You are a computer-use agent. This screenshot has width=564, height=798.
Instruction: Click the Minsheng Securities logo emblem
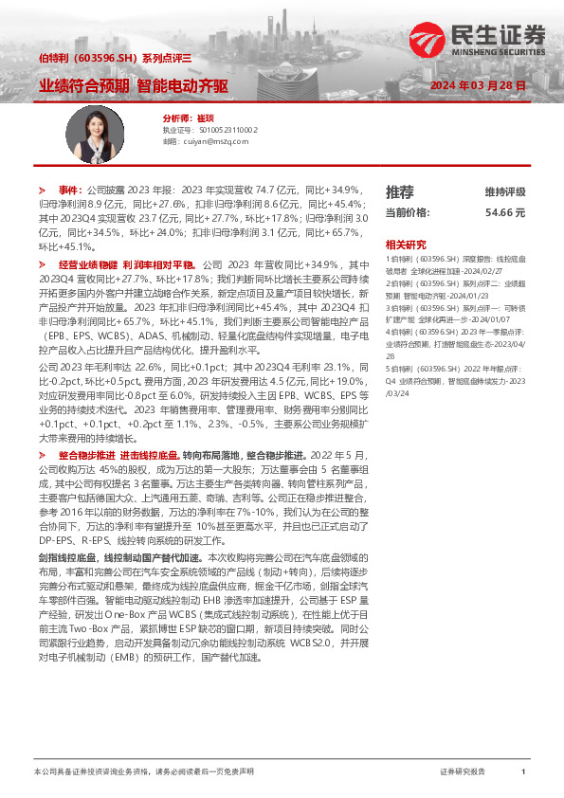[x=426, y=41]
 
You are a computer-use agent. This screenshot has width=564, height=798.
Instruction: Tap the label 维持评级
[x=505, y=191]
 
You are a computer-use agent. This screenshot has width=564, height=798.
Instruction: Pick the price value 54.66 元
[x=505, y=212]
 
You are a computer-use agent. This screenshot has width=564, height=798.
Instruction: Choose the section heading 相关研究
[x=406, y=244]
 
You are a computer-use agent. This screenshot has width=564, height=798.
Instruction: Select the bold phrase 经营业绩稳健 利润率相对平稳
[x=126, y=264]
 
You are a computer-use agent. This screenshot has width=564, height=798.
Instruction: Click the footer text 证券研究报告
[x=464, y=772]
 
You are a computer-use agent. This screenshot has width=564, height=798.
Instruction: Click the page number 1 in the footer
[x=523, y=772]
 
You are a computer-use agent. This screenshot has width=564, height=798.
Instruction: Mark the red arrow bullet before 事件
[x=43, y=190]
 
